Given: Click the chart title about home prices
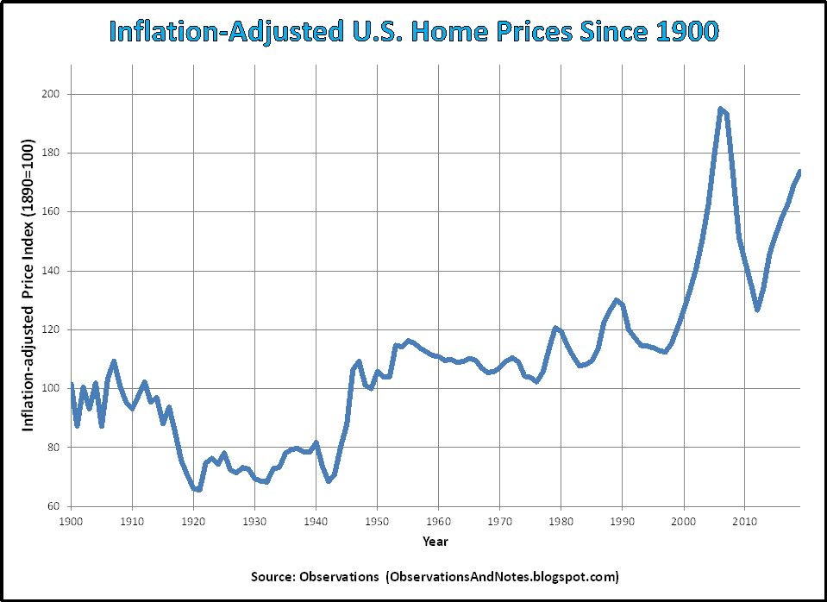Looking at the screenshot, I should (x=413, y=32).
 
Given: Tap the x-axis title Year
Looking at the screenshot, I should (x=435, y=542).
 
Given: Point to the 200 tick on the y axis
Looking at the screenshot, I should (x=52, y=94).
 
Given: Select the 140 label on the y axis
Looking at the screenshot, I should (x=52, y=271).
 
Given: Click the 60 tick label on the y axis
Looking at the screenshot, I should (x=55, y=506).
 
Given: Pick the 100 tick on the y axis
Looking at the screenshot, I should (x=52, y=389).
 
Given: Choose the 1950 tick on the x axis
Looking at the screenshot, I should (x=377, y=522).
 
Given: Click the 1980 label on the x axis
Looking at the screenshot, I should (x=561, y=522).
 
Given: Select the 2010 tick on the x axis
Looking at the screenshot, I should (x=744, y=522).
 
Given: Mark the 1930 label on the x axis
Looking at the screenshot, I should (x=254, y=522).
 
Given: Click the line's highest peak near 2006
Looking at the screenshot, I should (x=720, y=109).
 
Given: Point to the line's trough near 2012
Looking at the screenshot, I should (x=757, y=310).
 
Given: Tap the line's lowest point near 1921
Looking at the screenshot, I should (x=198, y=489).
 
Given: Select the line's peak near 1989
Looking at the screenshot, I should (x=616, y=300).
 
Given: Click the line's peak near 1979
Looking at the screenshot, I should (x=555, y=328).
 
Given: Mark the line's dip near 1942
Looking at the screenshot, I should (x=329, y=480).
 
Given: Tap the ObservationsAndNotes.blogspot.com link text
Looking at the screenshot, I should (x=502, y=575).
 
